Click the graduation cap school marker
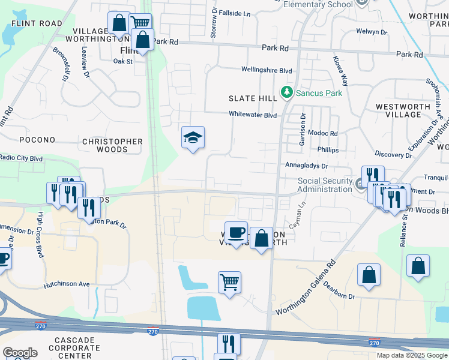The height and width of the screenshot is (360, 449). tap(193, 139)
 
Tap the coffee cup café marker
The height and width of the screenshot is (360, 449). tap(237, 232)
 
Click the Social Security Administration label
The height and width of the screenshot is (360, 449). tap(325, 185)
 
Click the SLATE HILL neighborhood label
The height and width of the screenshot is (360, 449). tap(252, 98)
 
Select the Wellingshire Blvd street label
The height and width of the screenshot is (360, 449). tap(267, 70)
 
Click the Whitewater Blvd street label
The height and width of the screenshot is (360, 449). tap(252, 115)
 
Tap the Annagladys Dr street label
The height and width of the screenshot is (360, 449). tap(307, 166)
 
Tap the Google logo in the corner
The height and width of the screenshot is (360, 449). tap(20, 353)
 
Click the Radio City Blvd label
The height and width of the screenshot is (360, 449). tap(22, 158)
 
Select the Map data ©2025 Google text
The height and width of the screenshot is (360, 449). tap(411, 355)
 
